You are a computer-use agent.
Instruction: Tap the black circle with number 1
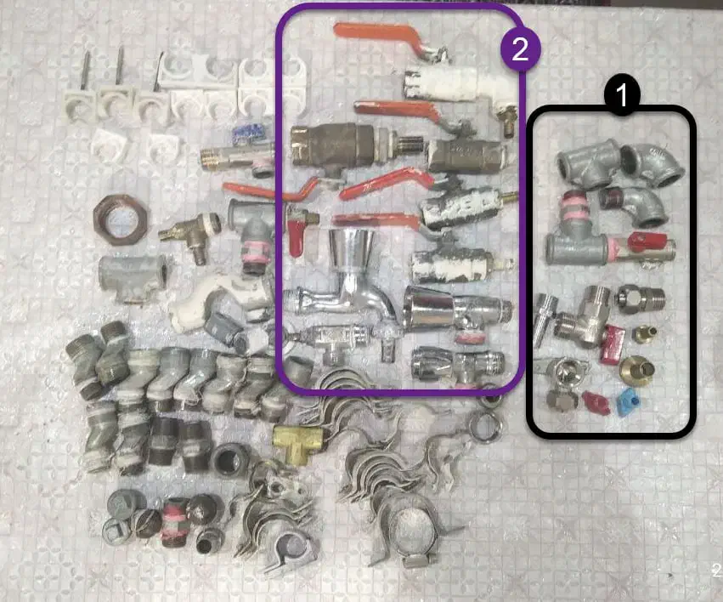622,94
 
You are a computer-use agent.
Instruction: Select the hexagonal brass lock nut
121,216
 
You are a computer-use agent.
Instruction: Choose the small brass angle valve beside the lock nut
190,236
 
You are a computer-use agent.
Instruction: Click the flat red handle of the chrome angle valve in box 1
613,344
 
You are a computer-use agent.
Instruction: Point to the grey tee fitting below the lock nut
133,278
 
